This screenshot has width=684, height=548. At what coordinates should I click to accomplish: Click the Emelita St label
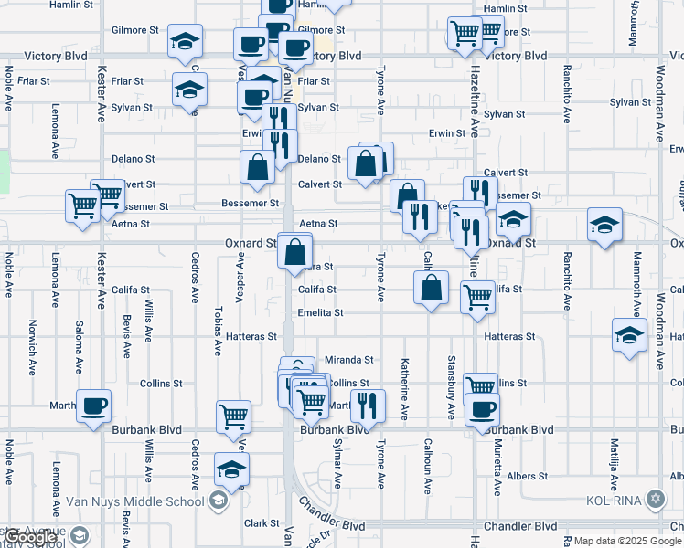[x=320, y=312]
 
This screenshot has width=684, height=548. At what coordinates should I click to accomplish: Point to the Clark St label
[x=262, y=523]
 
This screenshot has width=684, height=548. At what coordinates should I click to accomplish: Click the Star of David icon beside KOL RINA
[x=655, y=500]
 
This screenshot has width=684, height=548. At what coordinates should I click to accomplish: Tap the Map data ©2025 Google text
[x=627, y=541]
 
